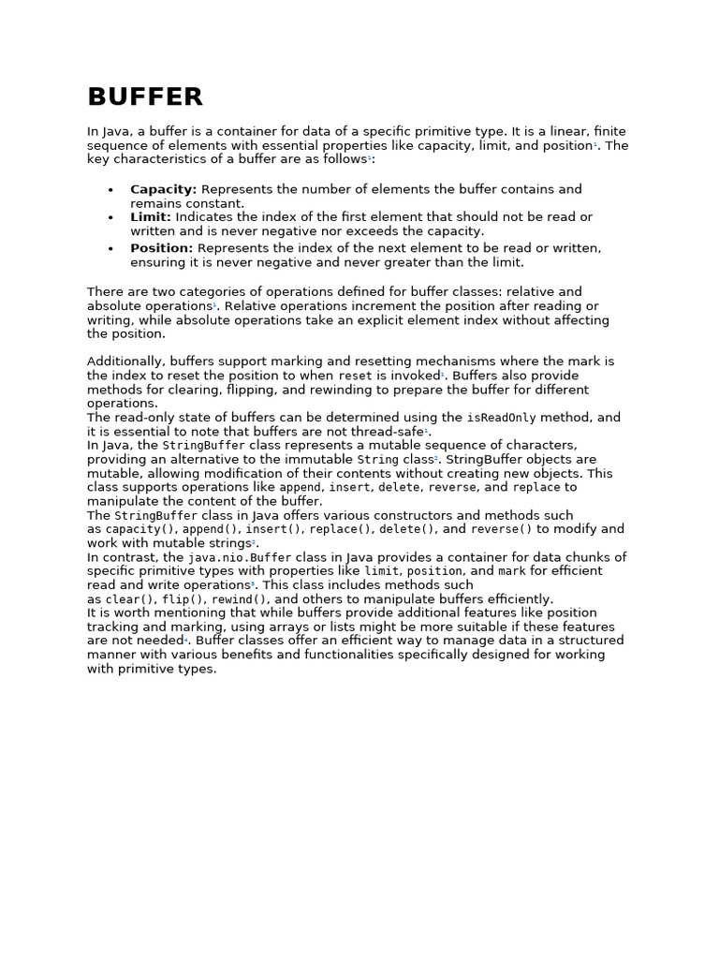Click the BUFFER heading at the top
pyautogui.click(x=145, y=96)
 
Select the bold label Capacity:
pyautogui.click(x=163, y=189)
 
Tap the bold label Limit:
pyautogui.click(x=151, y=216)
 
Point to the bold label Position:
pyautogui.click(x=161, y=248)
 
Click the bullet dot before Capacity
pyautogui.click(x=110, y=190)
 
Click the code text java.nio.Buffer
pyautogui.click(x=240, y=557)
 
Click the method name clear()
pyautogui.click(x=131, y=599)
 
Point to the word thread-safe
pyautogui.click(x=386, y=432)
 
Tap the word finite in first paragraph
pyautogui.click(x=608, y=131)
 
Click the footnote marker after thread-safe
pyautogui.click(x=426, y=430)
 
